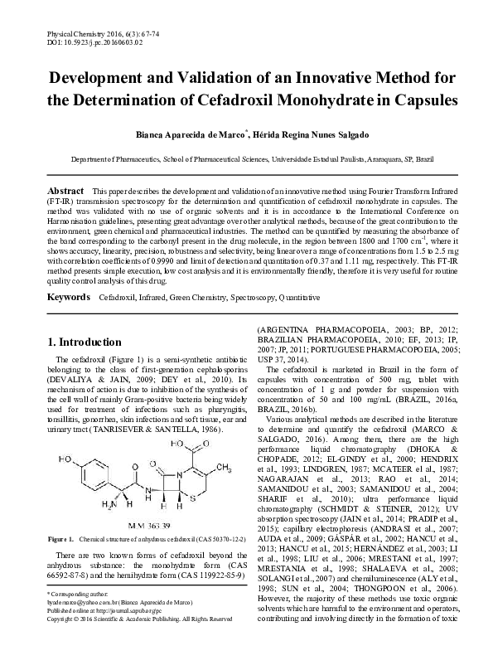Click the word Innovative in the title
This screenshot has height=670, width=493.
[x=307, y=80]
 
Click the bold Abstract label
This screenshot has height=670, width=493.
[x=65, y=191]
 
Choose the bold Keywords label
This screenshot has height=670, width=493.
[x=69, y=296]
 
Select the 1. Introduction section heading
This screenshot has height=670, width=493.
[x=87, y=342]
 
